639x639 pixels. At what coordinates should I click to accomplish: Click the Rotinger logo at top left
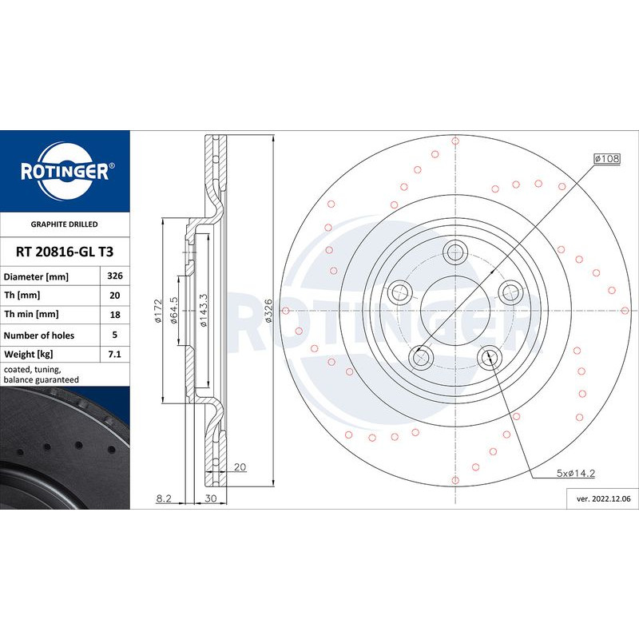click(x=64, y=169)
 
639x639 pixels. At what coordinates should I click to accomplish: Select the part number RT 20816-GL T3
click(x=64, y=252)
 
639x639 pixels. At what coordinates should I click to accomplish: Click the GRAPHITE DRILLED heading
click(x=64, y=225)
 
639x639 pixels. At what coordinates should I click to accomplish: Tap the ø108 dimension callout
click(x=606, y=159)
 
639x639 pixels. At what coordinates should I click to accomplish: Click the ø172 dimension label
click(x=158, y=310)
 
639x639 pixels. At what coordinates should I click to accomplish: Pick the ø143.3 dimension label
click(x=204, y=311)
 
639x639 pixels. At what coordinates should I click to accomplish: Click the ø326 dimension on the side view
click(x=268, y=311)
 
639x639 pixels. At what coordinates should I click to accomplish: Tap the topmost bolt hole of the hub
click(x=455, y=252)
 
